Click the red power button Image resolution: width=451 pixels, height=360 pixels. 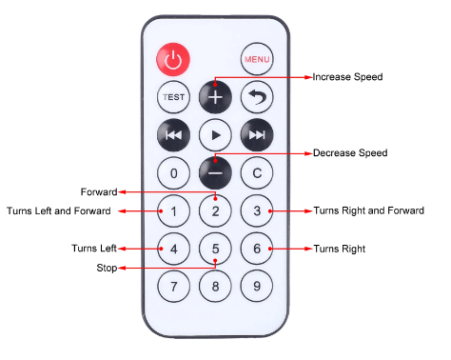tap(173, 59)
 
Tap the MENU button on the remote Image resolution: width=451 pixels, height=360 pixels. tap(257, 59)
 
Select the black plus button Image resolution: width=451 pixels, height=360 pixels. tap(215, 97)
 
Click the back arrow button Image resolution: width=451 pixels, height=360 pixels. tap(257, 97)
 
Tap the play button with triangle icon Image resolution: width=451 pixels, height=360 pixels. tap(215, 135)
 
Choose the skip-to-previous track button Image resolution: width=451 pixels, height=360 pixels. tap(173, 135)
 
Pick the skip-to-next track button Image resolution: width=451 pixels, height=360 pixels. tap(257, 135)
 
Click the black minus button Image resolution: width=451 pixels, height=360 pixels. tap(215, 173)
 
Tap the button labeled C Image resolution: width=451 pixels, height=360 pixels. tap(257, 173)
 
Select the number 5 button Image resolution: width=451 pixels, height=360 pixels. tap(215, 249)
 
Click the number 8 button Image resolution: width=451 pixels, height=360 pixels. tap(215, 286)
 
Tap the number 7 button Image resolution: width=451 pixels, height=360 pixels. tap(173, 286)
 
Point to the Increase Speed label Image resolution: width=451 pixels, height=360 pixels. tap(347, 77)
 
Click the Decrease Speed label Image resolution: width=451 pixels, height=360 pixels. tap(350, 153)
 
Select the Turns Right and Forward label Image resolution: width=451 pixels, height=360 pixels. tap(369, 210)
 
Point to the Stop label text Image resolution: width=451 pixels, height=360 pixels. tap(107, 268)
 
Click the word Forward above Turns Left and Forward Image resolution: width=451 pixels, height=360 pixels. tap(99, 191)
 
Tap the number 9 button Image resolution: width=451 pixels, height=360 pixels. tap(257, 286)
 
